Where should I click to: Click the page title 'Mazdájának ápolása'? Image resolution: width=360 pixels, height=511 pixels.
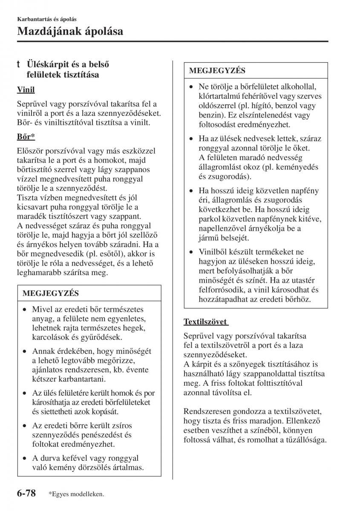[70, 31]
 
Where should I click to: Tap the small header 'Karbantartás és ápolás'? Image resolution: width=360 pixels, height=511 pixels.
[47, 19]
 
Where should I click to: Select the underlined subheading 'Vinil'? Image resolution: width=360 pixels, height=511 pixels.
[26, 89]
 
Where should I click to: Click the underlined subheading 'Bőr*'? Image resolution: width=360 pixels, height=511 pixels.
[26, 137]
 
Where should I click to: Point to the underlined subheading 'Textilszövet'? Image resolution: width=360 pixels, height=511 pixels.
[205, 322]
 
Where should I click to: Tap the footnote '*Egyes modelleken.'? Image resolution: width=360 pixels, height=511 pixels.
[76, 494]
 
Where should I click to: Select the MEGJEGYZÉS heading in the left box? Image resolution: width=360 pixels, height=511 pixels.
[51, 293]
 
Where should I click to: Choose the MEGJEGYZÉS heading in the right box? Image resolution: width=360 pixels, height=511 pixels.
[217, 70]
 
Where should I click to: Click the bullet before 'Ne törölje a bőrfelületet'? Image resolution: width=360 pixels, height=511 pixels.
[193, 86]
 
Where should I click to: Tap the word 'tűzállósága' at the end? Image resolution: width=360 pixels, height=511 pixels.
[305, 440]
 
